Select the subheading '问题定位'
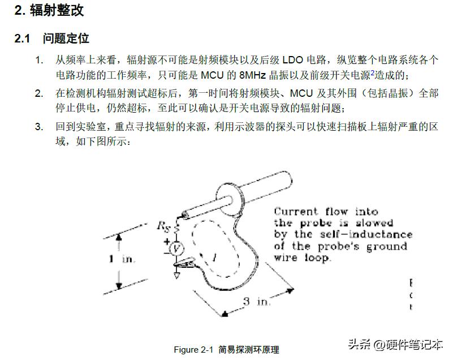coord(66,38)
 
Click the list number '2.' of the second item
coord(38,93)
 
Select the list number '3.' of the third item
coord(38,127)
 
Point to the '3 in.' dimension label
coord(256,302)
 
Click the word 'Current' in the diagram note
coord(296,212)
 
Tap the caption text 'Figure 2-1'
coord(194,349)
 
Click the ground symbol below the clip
coord(177,275)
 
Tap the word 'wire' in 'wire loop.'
coord(287,258)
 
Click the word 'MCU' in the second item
coord(303,93)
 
